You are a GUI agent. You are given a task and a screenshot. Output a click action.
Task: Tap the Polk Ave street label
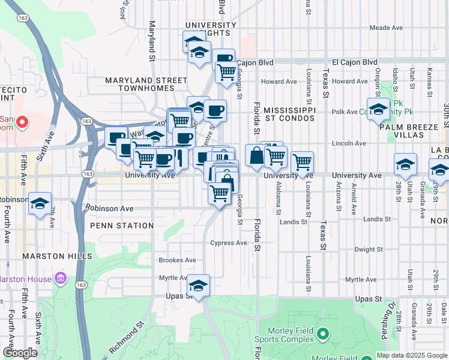coord(345,112)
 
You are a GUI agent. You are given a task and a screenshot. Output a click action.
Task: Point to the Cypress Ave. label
coord(229,243)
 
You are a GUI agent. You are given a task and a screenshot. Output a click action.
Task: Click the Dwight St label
coord(369,249)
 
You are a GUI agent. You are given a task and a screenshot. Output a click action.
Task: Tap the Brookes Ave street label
coord(177,260)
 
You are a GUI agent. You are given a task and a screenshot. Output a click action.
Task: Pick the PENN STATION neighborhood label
coord(122,226)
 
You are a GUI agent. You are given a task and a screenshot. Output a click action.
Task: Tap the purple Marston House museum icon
coord(60,279)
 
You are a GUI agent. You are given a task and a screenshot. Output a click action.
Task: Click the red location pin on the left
coord(22,123)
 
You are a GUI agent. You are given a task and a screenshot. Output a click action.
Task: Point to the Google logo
coord(20,353)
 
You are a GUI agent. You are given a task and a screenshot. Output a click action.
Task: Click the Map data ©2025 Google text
coord(411,355)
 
